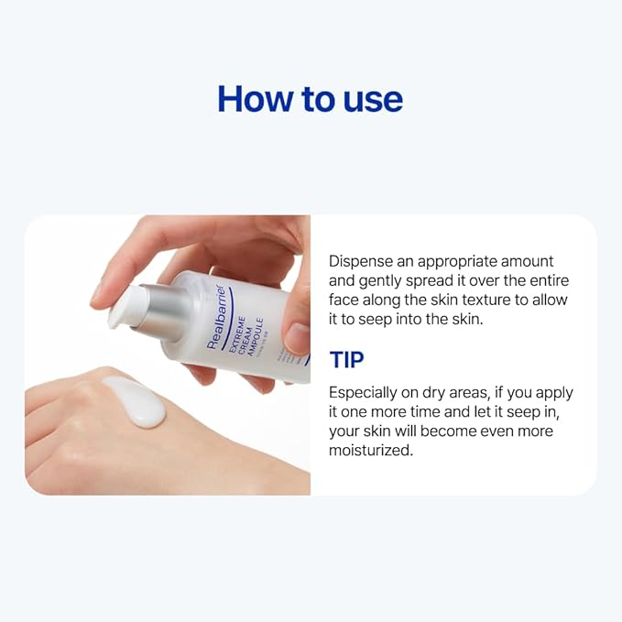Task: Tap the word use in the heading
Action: coord(368,99)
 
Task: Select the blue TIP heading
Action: coord(346,359)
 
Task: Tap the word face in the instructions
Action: coord(344,300)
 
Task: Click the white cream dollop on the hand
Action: coord(136,401)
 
